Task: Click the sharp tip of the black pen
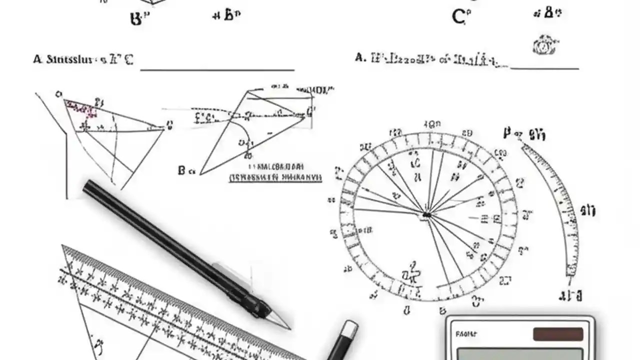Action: [289, 328]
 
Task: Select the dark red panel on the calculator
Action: [557, 334]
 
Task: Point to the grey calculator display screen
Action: [520, 354]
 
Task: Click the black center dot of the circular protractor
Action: [426, 215]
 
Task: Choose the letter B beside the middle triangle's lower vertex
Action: [181, 170]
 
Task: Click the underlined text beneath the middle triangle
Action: [275, 177]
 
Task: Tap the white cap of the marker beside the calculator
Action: [349, 328]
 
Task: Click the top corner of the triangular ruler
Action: [63, 246]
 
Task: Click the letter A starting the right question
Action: [359, 58]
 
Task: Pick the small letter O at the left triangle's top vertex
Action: [59, 94]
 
